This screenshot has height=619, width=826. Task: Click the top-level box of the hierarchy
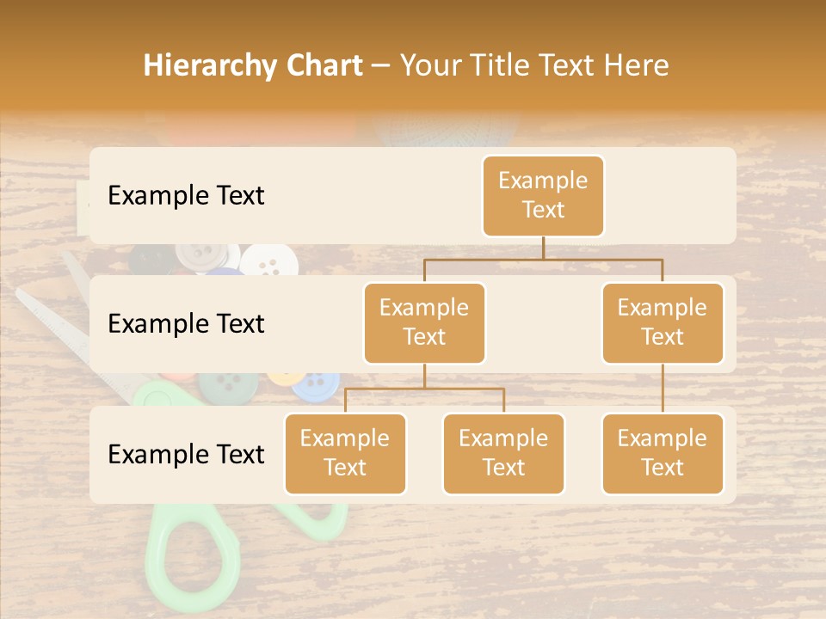click(543, 196)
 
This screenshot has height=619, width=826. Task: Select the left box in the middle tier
click(424, 323)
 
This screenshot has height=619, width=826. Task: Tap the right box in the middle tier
click(663, 323)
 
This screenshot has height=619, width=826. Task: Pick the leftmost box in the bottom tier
click(345, 454)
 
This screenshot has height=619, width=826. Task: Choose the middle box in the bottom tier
click(503, 454)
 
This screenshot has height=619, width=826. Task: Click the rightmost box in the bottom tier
click(663, 454)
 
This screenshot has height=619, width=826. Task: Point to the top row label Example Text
click(186, 196)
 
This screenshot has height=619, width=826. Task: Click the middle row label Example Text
click(186, 324)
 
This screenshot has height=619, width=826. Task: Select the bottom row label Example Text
click(186, 455)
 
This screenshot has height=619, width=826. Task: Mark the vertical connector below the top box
click(543, 248)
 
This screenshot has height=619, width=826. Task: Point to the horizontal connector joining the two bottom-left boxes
click(424, 389)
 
